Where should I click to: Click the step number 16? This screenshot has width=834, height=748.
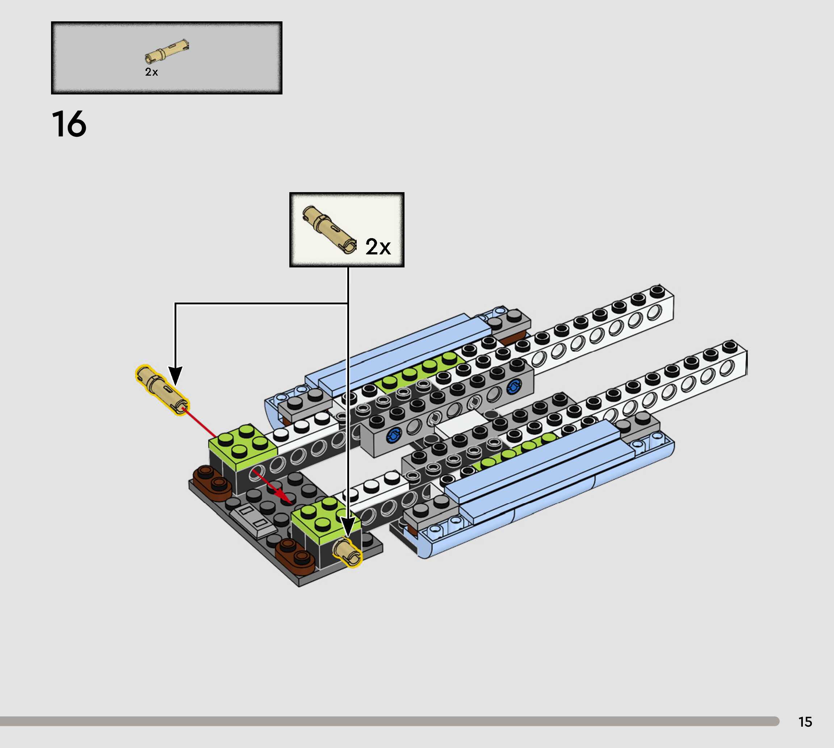69,124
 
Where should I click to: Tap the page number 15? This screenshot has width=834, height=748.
805,722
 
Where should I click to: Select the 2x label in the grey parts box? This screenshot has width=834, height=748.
151,72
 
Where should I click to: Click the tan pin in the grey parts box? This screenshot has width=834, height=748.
167,51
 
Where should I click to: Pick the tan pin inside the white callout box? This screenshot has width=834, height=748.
329,230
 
